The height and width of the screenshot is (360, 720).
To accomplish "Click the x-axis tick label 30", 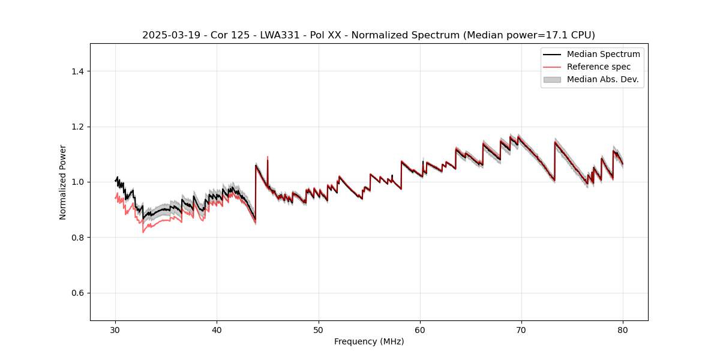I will pyautogui.click(x=115, y=329).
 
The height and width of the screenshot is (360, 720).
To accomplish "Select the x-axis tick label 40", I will pyautogui.click(x=217, y=329).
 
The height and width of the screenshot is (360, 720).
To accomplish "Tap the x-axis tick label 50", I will pyautogui.click(x=319, y=329).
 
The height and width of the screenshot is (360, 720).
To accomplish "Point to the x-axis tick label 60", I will pyautogui.click(x=420, y=329).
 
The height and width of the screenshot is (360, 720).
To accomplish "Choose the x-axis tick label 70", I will pyautogui.click(x=521, y=329).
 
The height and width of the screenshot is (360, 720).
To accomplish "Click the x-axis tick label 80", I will pyautogui.click(x=623, y=329).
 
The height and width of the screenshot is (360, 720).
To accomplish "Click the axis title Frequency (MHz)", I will pyautogui.click(x=369, y=341).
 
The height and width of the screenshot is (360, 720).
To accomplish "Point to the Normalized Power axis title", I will pyautogui.click(x=63, y=182).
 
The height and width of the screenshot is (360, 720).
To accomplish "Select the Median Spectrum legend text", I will pyautogui.click(x=603, y=54).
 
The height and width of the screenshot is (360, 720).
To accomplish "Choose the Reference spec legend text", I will pyautogui.click(x=599, y=67).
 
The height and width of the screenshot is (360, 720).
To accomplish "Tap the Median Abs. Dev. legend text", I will pyautogui.click(x=602, y=79).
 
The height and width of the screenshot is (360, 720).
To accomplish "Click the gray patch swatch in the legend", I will pyautogui.click(x=552, y=79).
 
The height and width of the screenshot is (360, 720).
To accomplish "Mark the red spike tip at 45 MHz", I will pyautogui.click(x=268, y=157).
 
